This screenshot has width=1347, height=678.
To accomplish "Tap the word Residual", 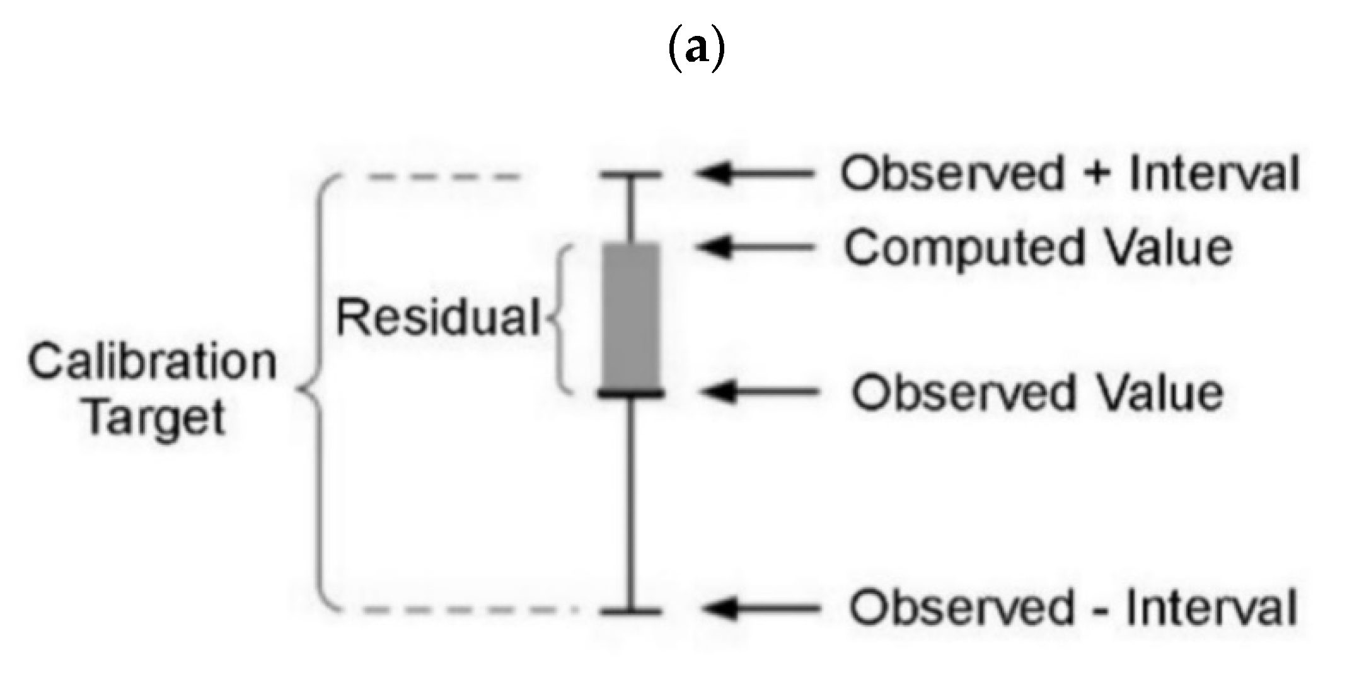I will point(438,317).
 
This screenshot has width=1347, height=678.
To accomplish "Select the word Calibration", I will point(153,363).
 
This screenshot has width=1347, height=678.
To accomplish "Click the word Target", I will point(155,418).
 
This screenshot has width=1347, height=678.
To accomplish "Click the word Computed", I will point(965,249).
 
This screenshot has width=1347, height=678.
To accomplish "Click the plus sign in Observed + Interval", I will point(1097,173).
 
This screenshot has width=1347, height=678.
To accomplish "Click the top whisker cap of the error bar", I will point(631,175).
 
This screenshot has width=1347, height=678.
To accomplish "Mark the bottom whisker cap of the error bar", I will point(631,611).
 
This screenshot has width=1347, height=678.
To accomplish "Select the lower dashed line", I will point(466,610).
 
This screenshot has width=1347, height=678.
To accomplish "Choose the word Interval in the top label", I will point(1214,173).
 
